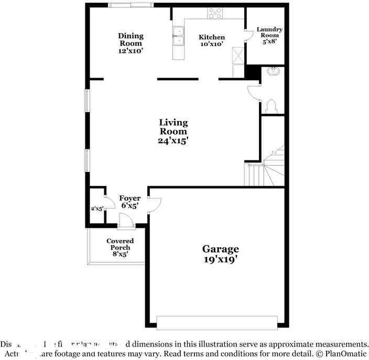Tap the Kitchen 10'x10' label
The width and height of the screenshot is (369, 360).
pyautogui.click(x=212, y=41)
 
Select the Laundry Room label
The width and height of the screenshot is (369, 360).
pyautogui.click(x=269, y=35)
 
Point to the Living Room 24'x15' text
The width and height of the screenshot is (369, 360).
pyautogui.click(x=173, y=131)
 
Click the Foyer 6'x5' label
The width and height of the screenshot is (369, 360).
pyautogui.click(x=129, y=202)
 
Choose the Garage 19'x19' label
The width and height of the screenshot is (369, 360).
pyautogui.click(x=221, y=254)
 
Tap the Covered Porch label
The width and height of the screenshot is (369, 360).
pyautogui.click(x=120, y=247)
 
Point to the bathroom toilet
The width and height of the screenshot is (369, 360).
pyautogui.click(x=272, y=106)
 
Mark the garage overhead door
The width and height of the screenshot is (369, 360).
pyautogui.click(x=216, y=323)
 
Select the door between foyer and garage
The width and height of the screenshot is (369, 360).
pyautogui.click(x=154, y=204)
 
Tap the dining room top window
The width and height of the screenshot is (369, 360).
pyautogui.click(x=131, y=5)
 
